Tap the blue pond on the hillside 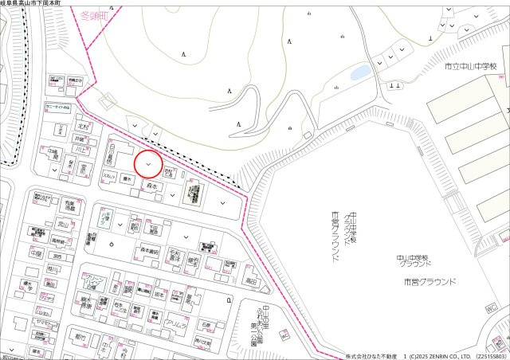click(x=360, y=72)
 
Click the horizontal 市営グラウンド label click(x=430, y=282)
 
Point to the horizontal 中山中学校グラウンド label click(x=415, y=260)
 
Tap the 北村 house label click(x=82, y=127)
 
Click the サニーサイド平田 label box click(x=58, y=106)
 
